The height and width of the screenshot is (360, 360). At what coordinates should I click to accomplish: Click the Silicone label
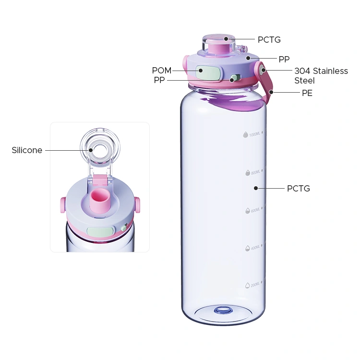[x=27, y=150]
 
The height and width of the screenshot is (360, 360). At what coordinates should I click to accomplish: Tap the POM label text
[x=161, y=71]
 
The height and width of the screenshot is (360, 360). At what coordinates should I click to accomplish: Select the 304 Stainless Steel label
[x=321, y=75]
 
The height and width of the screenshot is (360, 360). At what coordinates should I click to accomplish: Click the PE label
[x=307, y=93]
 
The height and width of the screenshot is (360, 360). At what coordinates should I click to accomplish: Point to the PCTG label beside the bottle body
[x=298, y=189]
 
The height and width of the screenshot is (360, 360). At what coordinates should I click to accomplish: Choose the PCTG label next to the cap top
[x=269, y=40]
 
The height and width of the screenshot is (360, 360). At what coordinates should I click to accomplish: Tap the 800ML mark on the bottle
[x=252, y=172]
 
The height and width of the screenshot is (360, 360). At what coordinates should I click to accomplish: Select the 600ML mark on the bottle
[x=252, y=211]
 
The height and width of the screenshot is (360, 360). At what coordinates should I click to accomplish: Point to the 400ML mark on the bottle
[x=252, y=248]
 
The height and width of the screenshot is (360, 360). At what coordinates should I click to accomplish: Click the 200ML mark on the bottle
[x=252, y=285]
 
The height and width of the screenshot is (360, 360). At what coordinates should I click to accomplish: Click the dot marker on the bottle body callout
[x=256, y=188]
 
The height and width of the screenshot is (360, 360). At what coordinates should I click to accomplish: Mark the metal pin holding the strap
[x=263, y=70]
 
